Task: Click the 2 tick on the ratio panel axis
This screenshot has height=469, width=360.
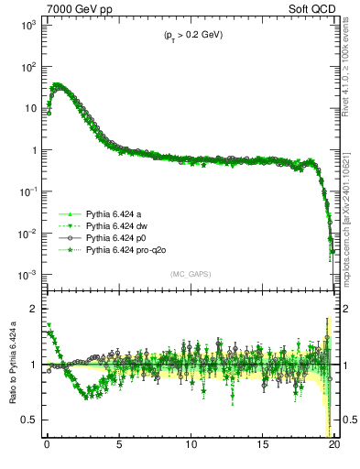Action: [32, 309]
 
